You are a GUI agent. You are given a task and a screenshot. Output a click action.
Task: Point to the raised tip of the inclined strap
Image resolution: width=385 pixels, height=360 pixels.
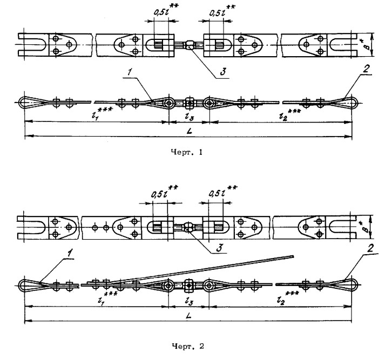pyautogui.click(x=292, y=256)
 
